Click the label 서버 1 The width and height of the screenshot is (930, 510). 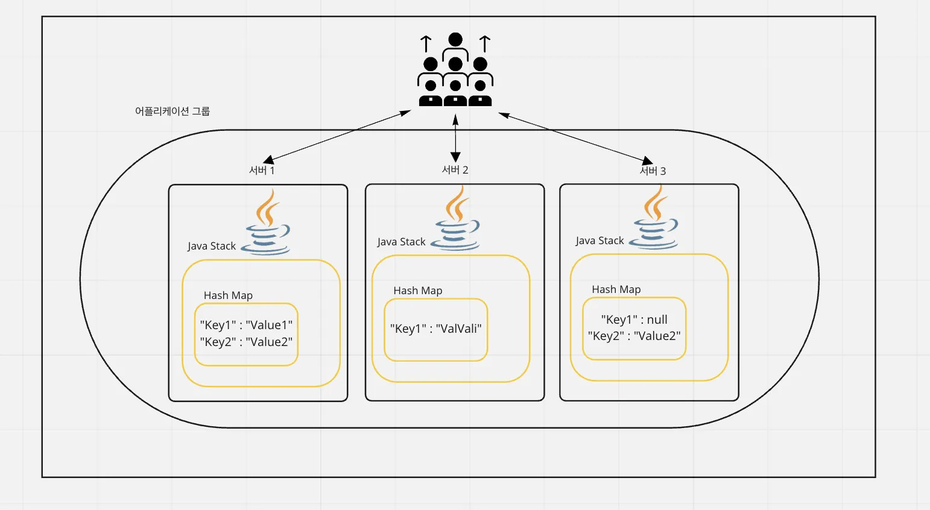[262, 171]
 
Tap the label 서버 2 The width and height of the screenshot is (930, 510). [455, 170]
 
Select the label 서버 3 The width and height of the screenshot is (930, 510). [653, 171]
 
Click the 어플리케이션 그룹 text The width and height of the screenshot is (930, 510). [172, 111]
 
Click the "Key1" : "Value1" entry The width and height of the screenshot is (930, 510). [246, 325]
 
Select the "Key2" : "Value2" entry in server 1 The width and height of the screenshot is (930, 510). [246, 342]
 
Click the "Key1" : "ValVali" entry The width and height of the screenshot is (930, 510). [435, 329]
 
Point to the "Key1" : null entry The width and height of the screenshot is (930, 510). [634, 320]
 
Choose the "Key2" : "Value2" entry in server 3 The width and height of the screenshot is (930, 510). [634, 336]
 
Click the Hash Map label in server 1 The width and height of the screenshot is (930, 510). [228, 295]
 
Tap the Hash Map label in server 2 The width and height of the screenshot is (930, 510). [418, 291]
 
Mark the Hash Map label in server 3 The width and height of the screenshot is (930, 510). [616, 289]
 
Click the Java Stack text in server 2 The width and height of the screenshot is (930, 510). [401, 242]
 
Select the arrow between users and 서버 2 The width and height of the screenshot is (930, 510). [455, 139]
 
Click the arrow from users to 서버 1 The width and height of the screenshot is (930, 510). [338, 136]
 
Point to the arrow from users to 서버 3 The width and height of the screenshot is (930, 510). [576, 138]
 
